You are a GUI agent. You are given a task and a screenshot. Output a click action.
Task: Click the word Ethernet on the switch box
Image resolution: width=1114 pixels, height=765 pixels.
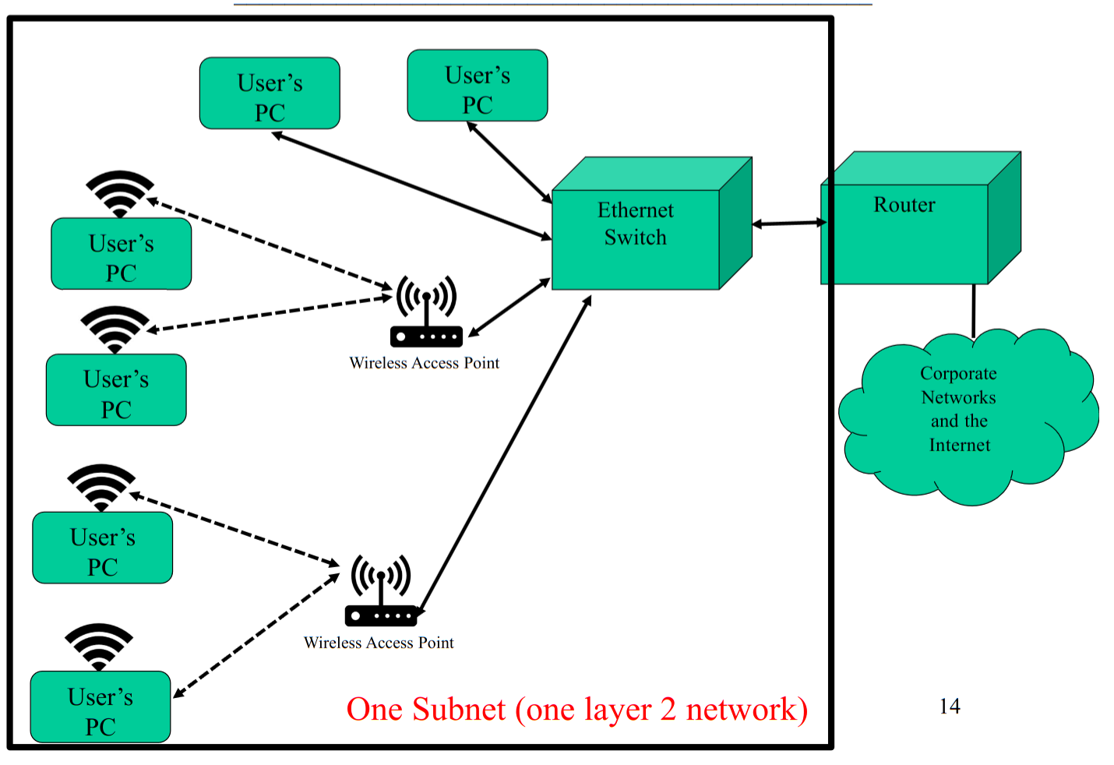635,210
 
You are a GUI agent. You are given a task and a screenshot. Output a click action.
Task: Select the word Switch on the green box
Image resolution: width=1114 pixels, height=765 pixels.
635,238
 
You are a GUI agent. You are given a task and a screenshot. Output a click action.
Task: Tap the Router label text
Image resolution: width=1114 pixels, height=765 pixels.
904,205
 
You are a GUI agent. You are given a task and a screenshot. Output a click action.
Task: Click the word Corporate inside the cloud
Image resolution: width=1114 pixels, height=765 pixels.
958,374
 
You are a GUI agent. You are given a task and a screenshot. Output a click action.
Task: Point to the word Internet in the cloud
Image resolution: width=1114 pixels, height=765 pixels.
959,446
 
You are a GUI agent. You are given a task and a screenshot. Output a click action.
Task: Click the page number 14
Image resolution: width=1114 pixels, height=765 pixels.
950,707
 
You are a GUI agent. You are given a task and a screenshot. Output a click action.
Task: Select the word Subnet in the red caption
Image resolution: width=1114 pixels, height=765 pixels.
459,710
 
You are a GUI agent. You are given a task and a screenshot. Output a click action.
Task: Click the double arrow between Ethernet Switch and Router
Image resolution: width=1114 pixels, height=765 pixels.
788,224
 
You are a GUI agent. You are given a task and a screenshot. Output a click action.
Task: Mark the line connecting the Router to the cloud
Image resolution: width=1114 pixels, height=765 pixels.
973,310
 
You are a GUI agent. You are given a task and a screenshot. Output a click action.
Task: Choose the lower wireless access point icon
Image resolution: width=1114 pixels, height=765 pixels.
381,590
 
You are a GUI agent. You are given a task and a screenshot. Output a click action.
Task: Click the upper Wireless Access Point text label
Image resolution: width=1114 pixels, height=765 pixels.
424,363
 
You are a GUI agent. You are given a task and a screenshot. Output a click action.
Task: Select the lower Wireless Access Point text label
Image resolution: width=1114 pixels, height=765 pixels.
379,643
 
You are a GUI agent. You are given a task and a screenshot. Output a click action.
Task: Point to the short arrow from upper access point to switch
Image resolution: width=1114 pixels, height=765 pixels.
509,308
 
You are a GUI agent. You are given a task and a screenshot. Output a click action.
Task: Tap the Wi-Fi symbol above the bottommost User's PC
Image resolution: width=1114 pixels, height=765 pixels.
99,644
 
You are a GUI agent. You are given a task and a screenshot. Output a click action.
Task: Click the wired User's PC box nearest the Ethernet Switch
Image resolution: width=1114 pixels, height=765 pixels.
477,86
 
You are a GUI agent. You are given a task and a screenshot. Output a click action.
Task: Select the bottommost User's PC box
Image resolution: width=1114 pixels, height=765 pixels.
100,707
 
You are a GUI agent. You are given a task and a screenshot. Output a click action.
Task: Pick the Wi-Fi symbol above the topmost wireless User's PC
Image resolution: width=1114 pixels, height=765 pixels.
119,192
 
